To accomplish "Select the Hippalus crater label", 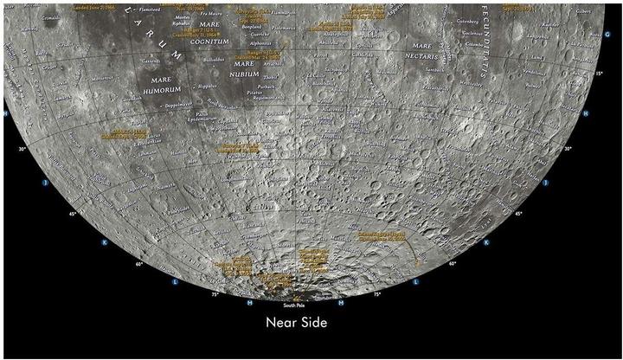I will pos(200,87).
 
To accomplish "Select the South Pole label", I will pos(295,305).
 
